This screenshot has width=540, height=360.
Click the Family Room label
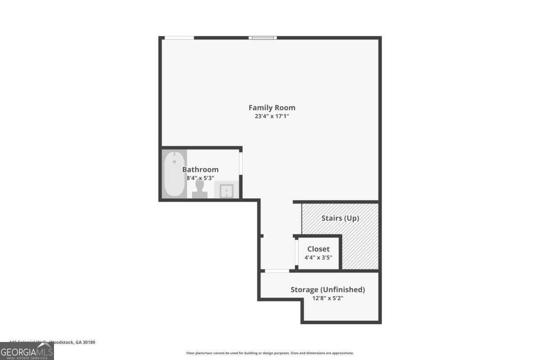click(x=272, y=108)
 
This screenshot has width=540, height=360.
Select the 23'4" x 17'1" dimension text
click(x=272, y=116)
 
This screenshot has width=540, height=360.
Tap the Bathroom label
click(x=200, y=170)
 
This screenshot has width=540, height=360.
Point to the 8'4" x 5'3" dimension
click(x=200, y=178)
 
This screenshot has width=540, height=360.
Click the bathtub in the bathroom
click(x=174, y=174)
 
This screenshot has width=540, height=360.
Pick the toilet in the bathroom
click(x=200, y=189)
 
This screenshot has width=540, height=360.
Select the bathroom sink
click(x=226, y=191)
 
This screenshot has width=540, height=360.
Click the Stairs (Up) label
click(x=340, y=219)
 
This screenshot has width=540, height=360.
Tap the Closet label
click(x=318, y=249)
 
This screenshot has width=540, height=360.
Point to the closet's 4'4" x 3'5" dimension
click(x=318, y=258)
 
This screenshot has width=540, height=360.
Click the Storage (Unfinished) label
click(x=328, y=289)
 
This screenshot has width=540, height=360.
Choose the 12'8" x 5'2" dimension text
click(x=328, y=298)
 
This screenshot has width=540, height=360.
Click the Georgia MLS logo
click(x=27, y=351)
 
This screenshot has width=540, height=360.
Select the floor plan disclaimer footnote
click(x=270, y=353)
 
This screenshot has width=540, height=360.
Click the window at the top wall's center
click(x=263, y=38)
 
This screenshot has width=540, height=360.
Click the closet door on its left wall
click(x=296, y=253)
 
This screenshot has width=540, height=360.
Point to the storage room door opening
click(x=276, y=271)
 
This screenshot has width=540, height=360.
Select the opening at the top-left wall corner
click(x=179, y=38)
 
